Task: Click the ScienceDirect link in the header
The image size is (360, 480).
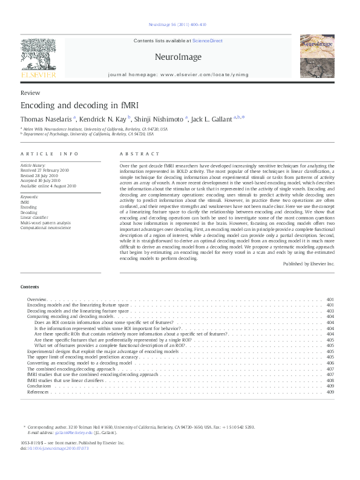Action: pyautogui.click(x=208, y=41)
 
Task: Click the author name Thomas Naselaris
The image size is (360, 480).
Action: pyautogui.click(x=45, y=119)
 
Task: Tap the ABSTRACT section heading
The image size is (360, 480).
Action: pyautogui.click(x=140, y=154)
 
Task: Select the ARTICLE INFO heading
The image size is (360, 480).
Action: pyautogui.click(x=49, y=154)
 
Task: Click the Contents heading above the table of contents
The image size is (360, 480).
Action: pyautogui.click(x=30, y=287)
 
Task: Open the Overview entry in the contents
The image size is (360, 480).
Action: pyautogui.click(x=37, y=300)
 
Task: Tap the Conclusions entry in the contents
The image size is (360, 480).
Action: pyautogui.click(x=39, y=386)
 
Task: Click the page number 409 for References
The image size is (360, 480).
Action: pyautogui.click(x=330, y=392)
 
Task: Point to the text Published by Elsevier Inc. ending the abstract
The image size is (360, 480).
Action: pyautogui.click(x=308, y=264)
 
